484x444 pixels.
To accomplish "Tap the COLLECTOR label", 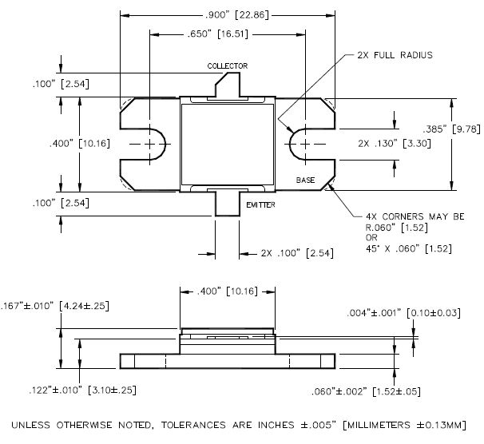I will pyautogui.click(x=228, y=65).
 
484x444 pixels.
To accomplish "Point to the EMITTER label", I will pyautogui.click(x=260, y=205).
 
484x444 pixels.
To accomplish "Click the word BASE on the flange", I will pyautogui.click(x=305, y=180).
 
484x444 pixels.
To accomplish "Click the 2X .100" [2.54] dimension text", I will pyautogui.click(x=298, y=252).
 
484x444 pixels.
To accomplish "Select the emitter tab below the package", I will pyautogui.click(x=228, y=203).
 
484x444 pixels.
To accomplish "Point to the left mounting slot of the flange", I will pyautogui.click(x=151, y=144).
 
